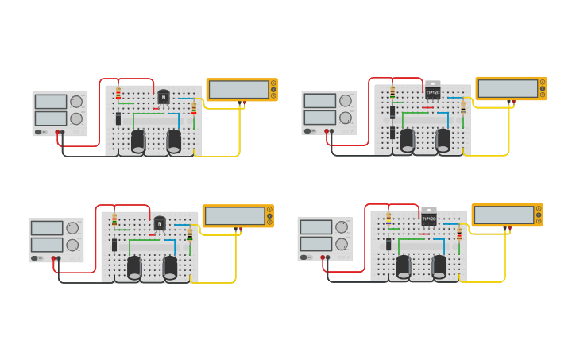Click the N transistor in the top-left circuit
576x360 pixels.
pyautogui.click(x=164, y=97)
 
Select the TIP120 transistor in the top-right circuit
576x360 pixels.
pyautogui.click(x=432, y=91)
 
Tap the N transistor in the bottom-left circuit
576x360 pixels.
pyautogui.click(x=160, y=223)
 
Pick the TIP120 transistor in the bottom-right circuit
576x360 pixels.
pyautogui.click(x=428, y=218)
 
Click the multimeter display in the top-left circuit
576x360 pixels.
pyautogui.click(x=238, y=89)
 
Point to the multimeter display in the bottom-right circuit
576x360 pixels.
pyautogui.click(x=504, y=215)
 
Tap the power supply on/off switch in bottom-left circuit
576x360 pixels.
pyautogui.click(x=37, y=258)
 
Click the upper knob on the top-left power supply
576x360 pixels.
pyautogui.click(x=76, y=102)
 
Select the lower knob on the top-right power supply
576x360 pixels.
pyautogui.click(x=346, y=118)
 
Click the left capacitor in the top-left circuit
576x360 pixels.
pyautogui.click(x=138, y=141)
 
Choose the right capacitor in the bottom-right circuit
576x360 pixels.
pyautogui.click(x=439, y=266)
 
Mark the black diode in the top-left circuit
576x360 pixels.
pyautogui.click(x=118, y=118)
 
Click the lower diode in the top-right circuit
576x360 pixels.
pyautogui.click(x=392, y=132)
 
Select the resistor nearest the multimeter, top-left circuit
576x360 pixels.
pyautogui.click(x=194, y=108)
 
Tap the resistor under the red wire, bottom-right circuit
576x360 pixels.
pyautogui.click(x=389, y=219)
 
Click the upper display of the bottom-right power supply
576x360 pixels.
pyautogui.click(x=315, y=227)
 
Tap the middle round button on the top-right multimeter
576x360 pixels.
pyautogui.click(x=543, y=88)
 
